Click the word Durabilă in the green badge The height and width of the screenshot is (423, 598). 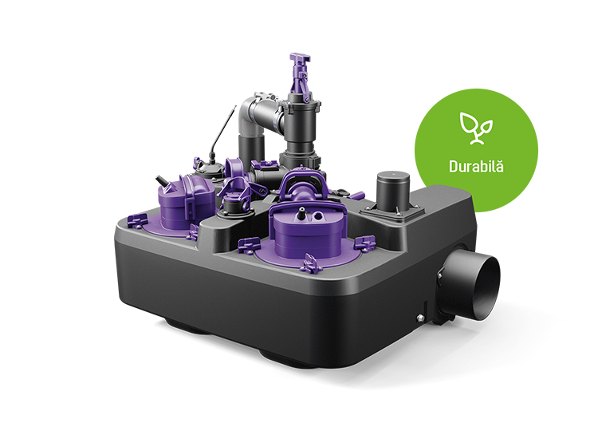tap(476, 167)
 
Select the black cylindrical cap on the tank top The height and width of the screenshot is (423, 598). tap(393, 190)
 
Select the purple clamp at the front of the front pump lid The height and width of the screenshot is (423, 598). tap(311, 264)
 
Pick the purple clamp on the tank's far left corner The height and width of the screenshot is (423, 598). tap(137, 220)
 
